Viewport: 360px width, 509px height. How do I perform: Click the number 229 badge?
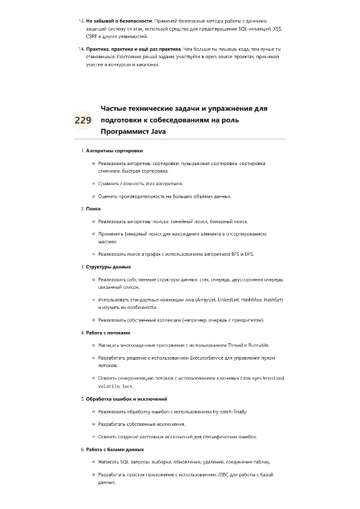[82, 120]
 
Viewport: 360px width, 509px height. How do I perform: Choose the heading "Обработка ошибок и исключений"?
[126, 398]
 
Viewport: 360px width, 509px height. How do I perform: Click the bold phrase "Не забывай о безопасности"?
[116, 21]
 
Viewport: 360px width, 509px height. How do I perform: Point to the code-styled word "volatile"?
[109, 386]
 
